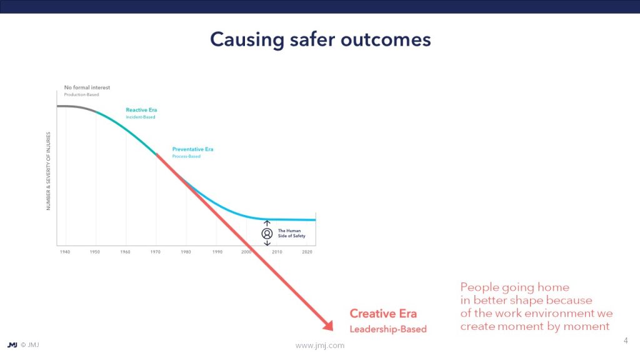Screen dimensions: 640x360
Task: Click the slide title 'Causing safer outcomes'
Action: (x=321, y=39)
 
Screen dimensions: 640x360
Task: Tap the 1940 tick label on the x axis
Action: (x=65, y=252)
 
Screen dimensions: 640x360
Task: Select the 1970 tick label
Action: (x=156, y=252)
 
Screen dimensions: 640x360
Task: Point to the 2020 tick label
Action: (x=307, y=252)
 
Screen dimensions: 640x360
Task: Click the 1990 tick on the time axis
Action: (x=217, y=252)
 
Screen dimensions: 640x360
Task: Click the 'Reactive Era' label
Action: (x=141, y=110)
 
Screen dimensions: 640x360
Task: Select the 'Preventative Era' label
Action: (x=192, y=149)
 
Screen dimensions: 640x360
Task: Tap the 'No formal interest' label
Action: (x=87, y=87)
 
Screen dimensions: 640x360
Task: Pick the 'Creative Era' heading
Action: (x=383, y=314)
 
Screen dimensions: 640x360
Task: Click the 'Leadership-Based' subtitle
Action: (x=388, y=329)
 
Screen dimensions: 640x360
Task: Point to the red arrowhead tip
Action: (x=332, y=330)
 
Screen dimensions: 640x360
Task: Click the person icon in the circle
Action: (x=267, y=234)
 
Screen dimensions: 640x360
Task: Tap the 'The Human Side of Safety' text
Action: (x=291, y=233)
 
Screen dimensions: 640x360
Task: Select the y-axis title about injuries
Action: (x=48, y=171)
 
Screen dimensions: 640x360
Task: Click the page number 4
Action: (x=626, y=341)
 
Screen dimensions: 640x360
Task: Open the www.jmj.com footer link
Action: (x=320, y=345)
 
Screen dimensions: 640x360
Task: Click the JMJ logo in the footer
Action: (x=12, y=345)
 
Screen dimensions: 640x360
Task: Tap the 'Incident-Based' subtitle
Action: (x=141, y=117)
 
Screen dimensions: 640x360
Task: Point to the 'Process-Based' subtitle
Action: (x=186, y=156)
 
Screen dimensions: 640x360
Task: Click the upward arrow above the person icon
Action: (x=267, y=223)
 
